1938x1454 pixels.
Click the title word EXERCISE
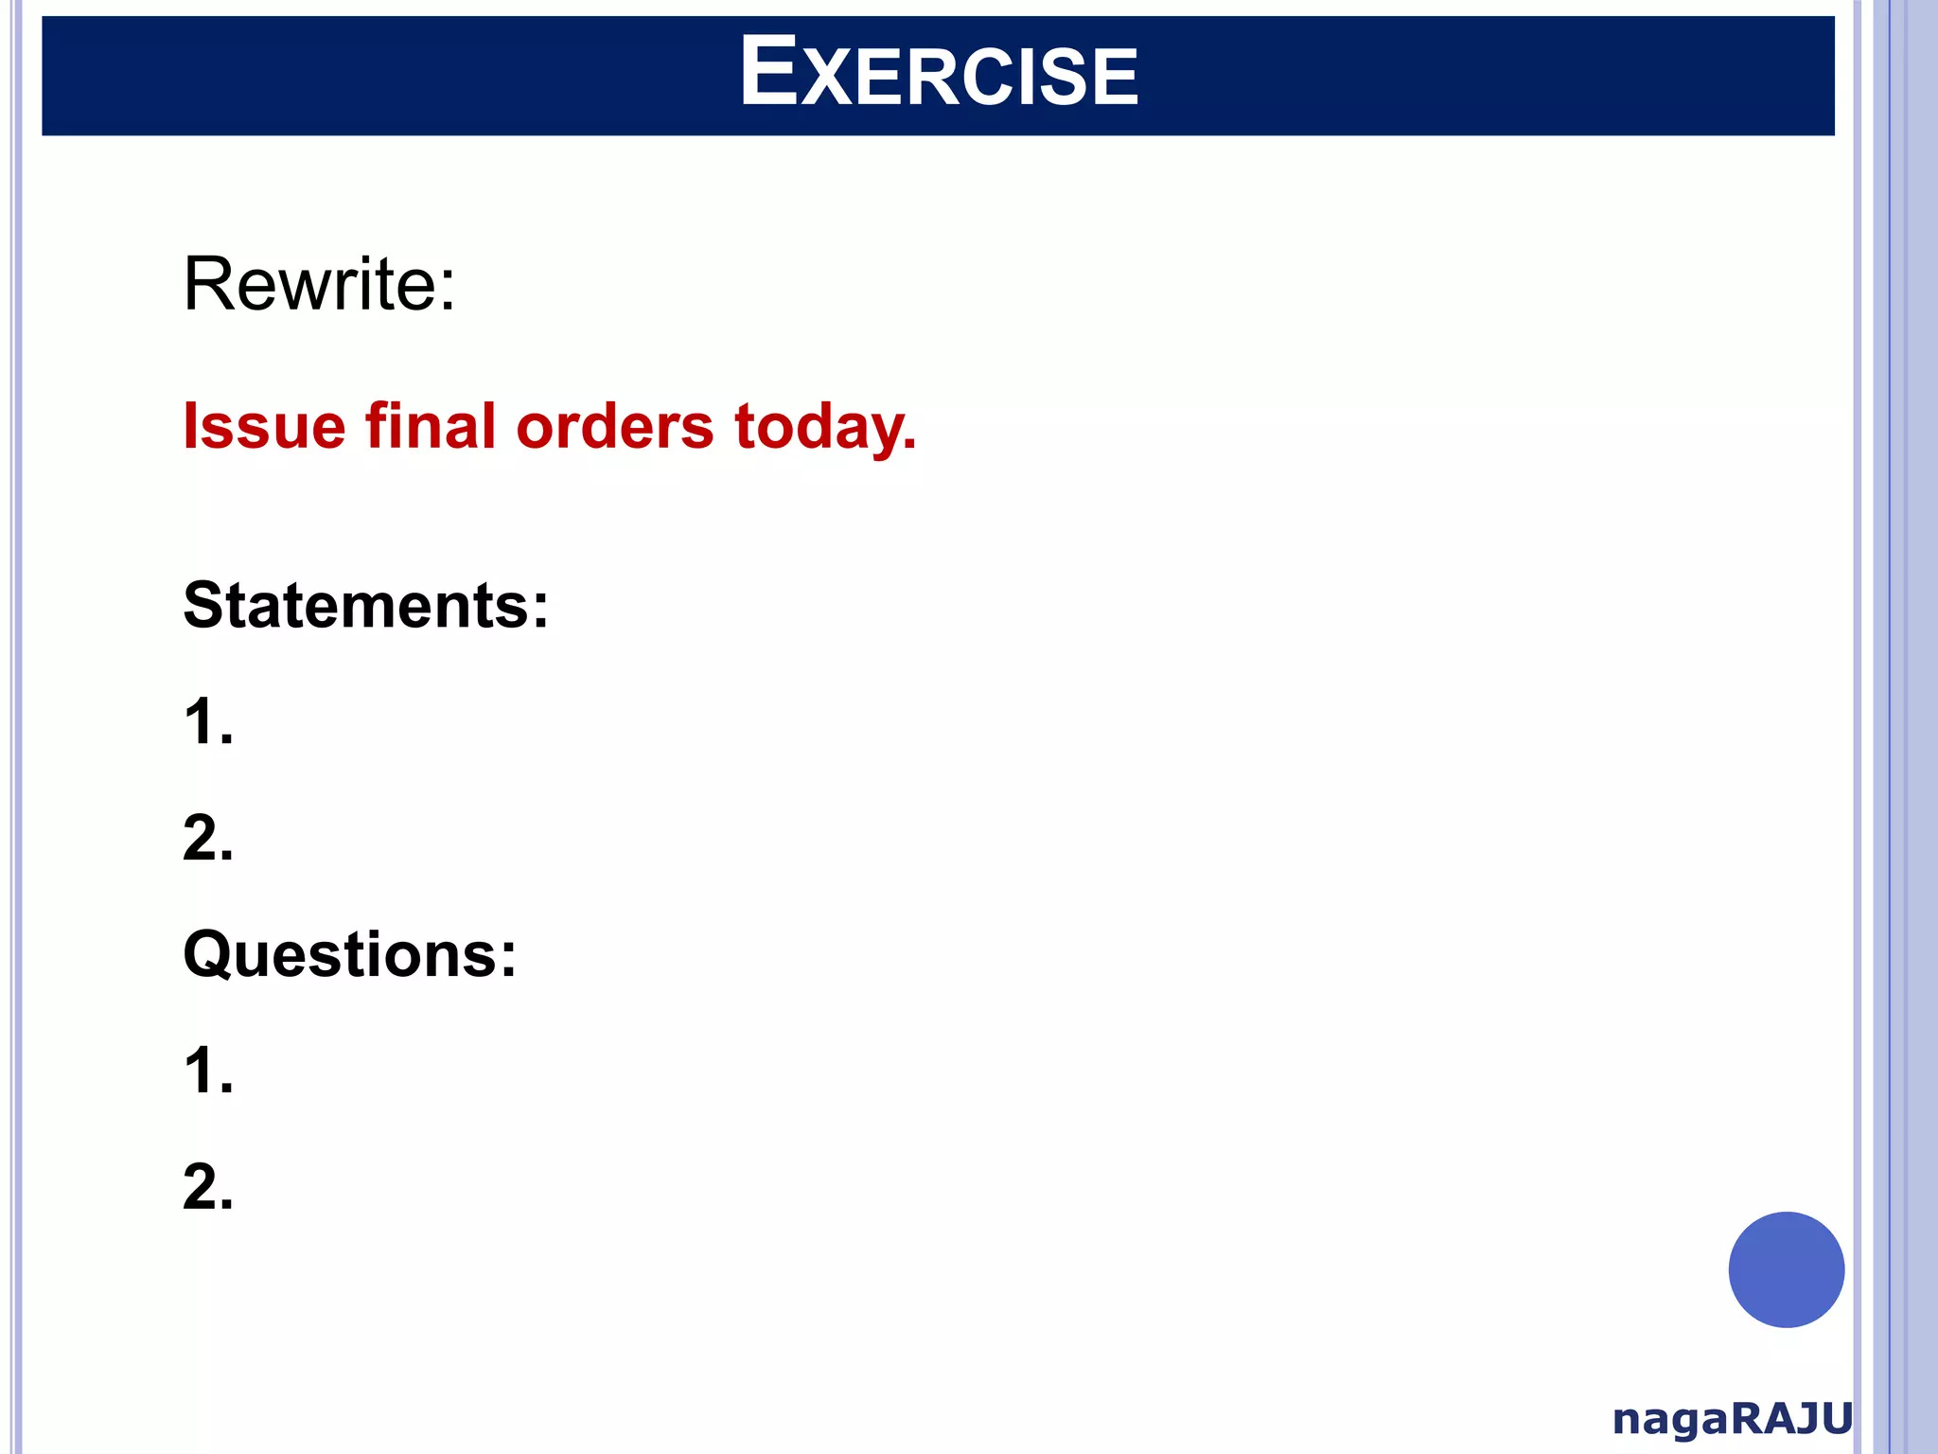pyautogui.click(x=939, y=74)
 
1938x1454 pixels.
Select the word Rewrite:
pyautogui.click(x=319, y=283)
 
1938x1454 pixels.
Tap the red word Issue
pyautogui.click(x=264, y=426)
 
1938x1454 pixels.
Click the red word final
pyautogui.click(x=431, y=426)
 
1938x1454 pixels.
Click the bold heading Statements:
pyautogui.click(x=365, y=605)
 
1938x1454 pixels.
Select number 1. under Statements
pyautogui.click(x=207, y=722)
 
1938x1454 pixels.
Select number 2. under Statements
pyautogui.click(x=207, y=839)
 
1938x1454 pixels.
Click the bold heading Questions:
pyautogui.click(x=349, y=954)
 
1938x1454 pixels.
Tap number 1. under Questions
pyautogui.click(x=207, y=1071)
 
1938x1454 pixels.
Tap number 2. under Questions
pyautogui.click(x=207, y=1187)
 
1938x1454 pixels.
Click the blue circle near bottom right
pyautogui.click(x=1786, y=1269)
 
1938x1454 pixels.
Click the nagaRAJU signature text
pyautogui.click(x=1732, y=1419)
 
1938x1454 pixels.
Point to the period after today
pyautogui.click(x=910, y=446)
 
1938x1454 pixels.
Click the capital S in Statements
pyautogui.click(x=203, y=605)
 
